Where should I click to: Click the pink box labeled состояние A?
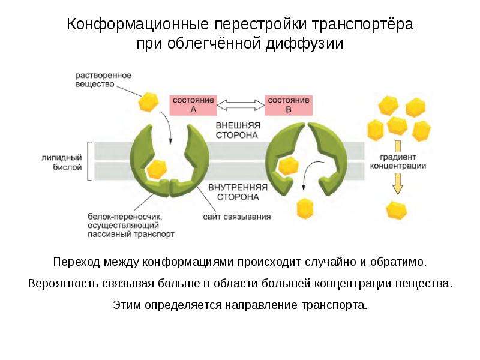(x=193, y=105)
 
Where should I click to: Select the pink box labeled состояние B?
(x=289, y=105)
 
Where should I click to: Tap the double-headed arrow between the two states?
(x=241, y=105)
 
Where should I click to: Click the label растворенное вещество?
(x=103, y=80)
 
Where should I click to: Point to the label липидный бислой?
(x=62, y=162)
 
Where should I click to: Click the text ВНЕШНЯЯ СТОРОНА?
(x=238, y=130)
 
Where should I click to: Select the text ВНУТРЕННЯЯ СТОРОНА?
(x=238, y=192)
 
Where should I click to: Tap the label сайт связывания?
(x=236, y=217)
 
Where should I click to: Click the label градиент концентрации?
(x=398, y=161)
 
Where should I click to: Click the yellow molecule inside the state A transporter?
(x=157, y=169)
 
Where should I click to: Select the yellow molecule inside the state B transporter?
(x=288, y=166)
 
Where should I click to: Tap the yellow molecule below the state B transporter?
(x=305, y=208)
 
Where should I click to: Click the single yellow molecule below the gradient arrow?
(x=397, y=211)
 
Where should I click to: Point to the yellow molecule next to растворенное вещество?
(x=148, y=101)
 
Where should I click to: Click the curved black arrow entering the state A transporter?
(x=168, y=127)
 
